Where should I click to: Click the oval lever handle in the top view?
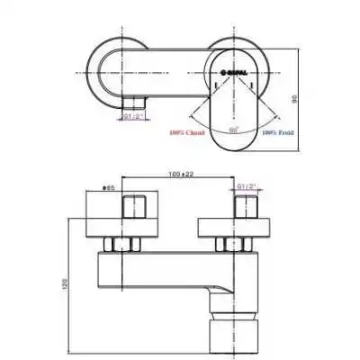(x=235, y=94)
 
